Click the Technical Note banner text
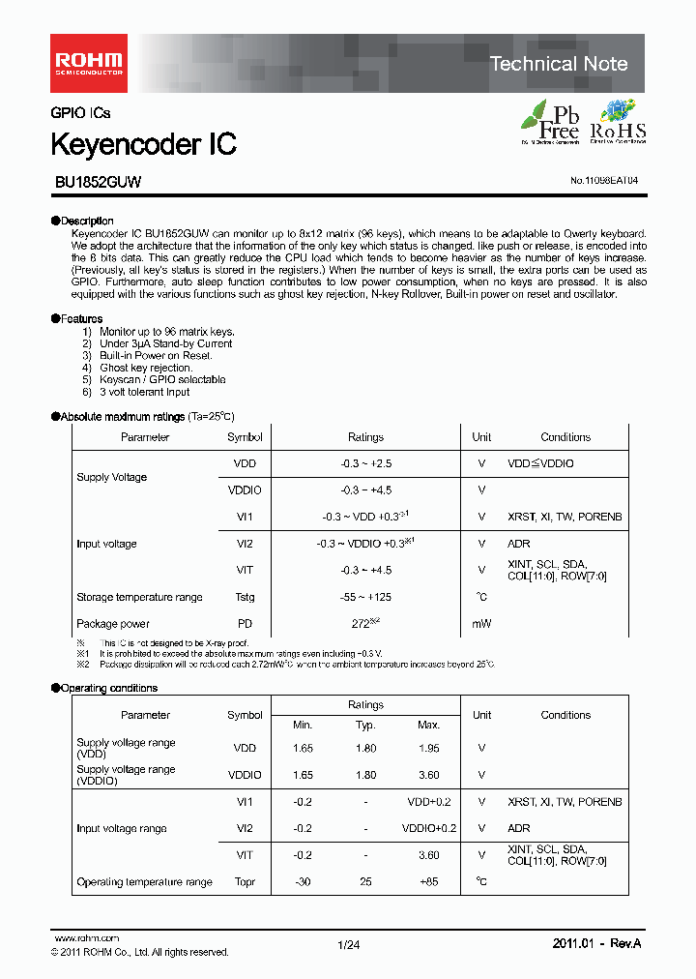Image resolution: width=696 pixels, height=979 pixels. (559, 64)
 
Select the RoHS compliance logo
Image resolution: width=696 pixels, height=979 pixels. (618, 123)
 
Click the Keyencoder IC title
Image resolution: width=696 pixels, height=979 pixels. (143, 145)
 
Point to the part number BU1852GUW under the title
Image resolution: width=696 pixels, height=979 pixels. (96, 181)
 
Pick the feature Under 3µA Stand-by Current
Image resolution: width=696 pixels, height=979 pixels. (165, 343)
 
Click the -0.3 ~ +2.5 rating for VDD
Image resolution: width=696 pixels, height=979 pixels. (365, 464)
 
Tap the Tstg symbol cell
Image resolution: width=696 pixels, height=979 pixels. (245, 597)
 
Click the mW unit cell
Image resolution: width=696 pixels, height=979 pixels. (481, 624)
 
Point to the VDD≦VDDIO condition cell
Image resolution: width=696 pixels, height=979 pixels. (540, 464)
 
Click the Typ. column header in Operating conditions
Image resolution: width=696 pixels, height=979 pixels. (365, 725)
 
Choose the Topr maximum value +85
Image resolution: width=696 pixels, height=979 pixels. (428, 882)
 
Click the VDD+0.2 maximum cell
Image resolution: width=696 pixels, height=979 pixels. (428, 802)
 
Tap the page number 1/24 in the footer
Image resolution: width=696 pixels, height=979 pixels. (348, 945)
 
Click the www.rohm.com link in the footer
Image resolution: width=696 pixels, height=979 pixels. (86, 938)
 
